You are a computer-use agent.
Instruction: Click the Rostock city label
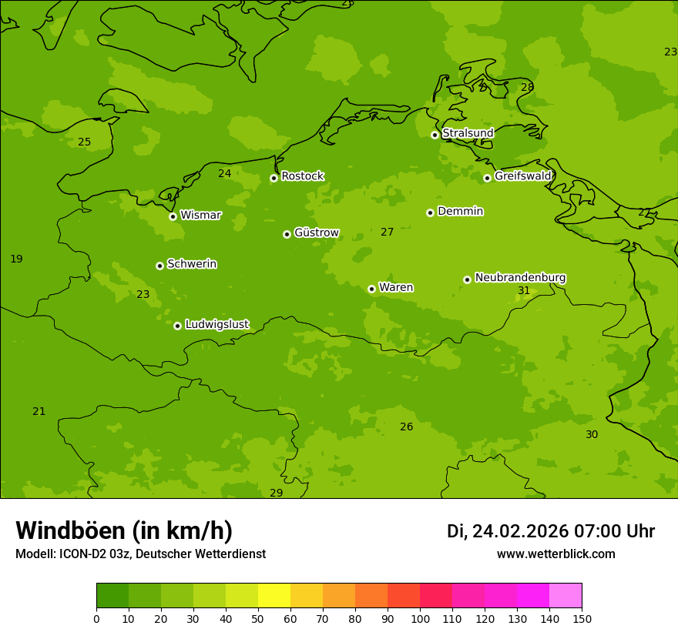pyautogui.click(x=302, y=176)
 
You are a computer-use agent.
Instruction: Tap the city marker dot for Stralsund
pyautogui.click(x=435, y=135)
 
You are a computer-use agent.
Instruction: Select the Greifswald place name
pyautogui.click(x=522, y=176)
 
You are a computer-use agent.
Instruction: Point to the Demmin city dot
pyautogui.click(x=430, y=212)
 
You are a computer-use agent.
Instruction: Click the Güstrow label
pyautogui.click(x=316, y=233)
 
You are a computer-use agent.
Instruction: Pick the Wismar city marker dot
pyautogui.click(x=173, y=216)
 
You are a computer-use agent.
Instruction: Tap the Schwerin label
pyautogui.click(x=191, y=264)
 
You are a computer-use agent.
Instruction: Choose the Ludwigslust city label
pyautogui.click(x=216, y=324)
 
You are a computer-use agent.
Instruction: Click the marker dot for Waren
pyautogui.click(x=371, y=289)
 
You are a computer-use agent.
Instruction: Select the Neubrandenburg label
pyautogui.click(x=520, y=277)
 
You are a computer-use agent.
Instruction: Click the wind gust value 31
pyautogui.click(x=524, y=291)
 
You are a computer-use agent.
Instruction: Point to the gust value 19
pyautogui.click(x=16, y=259)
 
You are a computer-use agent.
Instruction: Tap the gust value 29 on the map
pyautogui.click(x=276, y=493)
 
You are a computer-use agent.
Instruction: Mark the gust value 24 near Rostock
pyautogui.click(x=224, y=174)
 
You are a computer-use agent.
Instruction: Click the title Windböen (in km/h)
pyautogui.click(x=124, y=530)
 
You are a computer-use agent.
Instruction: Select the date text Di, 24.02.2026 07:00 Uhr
pyautogui.click(x=550, y=531)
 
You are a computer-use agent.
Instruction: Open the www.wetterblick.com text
pyautogui.click(x=555, y=554)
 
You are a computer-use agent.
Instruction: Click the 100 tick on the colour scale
pyautogui.click(x=420, y=618)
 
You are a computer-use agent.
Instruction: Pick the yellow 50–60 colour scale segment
pyautogui.click(x=274, y=596)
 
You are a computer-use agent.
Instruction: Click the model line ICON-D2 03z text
pyautogui.click(x=140, y=554)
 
